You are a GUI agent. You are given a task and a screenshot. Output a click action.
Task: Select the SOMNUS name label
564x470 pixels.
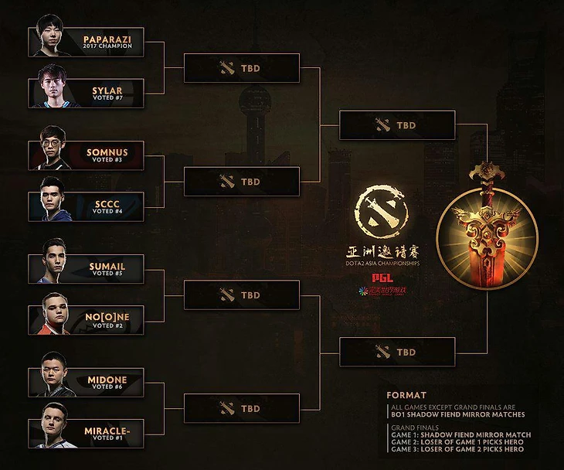[x=107, y=153]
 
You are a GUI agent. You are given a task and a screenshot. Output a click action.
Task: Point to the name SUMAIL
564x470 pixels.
[x=107, y=266]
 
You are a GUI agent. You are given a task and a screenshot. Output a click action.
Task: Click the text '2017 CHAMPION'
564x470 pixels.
[x=107, y=46]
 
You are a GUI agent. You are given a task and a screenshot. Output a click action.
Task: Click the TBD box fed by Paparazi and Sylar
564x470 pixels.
[x=241, y=68]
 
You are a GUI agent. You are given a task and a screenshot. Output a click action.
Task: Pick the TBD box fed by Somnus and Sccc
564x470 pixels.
[x=241, y=182]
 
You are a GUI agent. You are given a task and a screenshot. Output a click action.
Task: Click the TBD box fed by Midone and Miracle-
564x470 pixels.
[x=241, y=408]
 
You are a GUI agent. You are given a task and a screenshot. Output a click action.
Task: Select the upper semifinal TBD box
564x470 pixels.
[x=396, y=124]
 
